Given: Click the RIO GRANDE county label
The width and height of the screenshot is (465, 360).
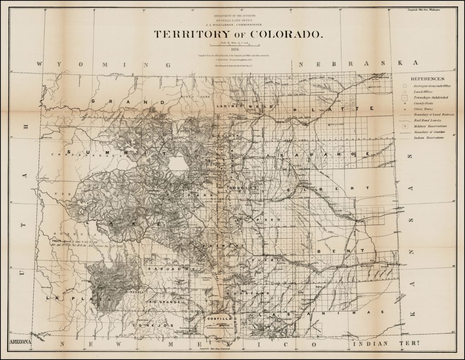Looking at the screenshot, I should point(163,301).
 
